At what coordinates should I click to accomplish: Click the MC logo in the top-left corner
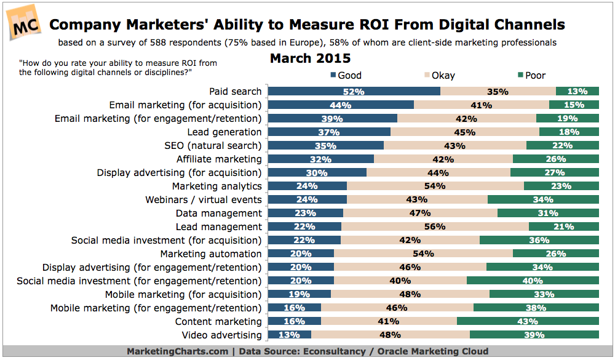click(24, 25)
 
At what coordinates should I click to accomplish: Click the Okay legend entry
click(438, 76)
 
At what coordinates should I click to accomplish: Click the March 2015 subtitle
click(311, 59)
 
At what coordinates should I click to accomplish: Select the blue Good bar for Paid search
click(354, 92)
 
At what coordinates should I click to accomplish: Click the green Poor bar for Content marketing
click(528, 322)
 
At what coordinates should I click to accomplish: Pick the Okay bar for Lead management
click(435, 227)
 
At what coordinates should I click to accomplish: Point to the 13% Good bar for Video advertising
click(290, 335)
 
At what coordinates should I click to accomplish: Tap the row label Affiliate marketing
click(219, 159)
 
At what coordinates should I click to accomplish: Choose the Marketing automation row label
click(211, 254)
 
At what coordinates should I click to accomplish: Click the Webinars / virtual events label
click(204, 200)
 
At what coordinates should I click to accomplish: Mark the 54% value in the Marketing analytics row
click(436, 186)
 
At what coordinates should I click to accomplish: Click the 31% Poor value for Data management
click(548, 214)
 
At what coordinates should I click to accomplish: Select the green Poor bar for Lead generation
click(569, 132)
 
